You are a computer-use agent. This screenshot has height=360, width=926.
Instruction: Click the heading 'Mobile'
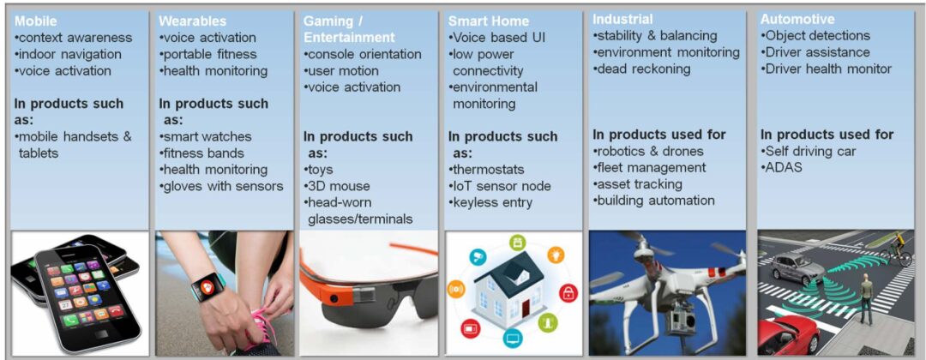[36, 21]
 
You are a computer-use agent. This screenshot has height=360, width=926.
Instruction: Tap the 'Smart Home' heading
[489, 21]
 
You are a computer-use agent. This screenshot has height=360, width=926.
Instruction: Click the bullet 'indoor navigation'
[68, 54]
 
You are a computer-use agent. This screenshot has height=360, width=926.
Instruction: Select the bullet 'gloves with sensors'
[221, 187]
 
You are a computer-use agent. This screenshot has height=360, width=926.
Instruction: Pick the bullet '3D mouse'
[337, 187]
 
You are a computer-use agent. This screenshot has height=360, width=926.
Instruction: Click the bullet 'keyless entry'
[490, 203]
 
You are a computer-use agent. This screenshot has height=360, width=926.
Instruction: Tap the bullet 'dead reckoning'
[642, 69]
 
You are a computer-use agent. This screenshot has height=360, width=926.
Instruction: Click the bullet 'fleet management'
[650, 168]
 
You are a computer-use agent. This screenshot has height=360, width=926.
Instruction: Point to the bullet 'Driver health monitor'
[827, 69]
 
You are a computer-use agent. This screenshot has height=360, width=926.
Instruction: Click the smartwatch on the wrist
[207, 287]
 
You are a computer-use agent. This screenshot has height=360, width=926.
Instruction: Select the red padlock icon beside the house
[568, 293]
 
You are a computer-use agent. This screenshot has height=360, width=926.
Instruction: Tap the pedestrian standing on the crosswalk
[866, 298]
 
